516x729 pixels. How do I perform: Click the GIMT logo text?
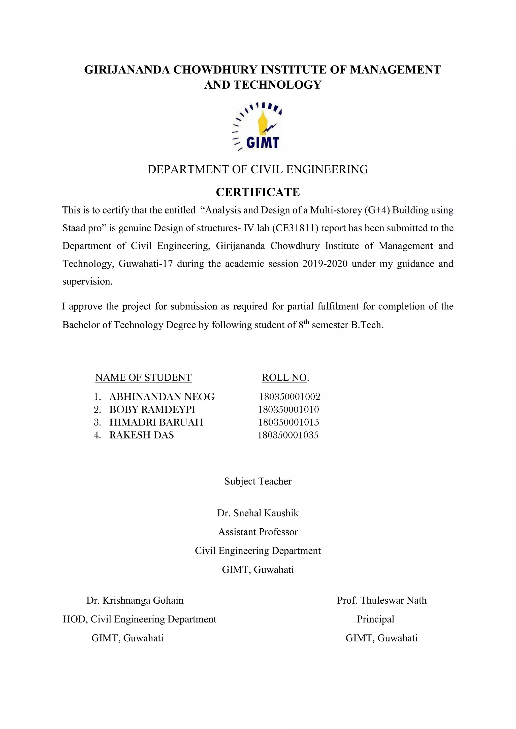click(x=263, y=143)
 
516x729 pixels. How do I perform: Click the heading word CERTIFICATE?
click(x=258, y=192)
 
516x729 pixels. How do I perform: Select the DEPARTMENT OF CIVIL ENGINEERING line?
click(x=258, y=170)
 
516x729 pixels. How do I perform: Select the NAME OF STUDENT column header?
click(x=143, y=378)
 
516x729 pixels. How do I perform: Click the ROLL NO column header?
click(x=284, y=378)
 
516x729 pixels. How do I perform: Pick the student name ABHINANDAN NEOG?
click(x=162, y=396)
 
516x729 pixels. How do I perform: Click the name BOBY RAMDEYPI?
click(x=152, y=409)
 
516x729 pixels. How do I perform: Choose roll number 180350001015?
click(x=288, y=422)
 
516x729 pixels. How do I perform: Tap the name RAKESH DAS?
click(x=141, y=435)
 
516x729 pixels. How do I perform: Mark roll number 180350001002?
click(x=289, y=396)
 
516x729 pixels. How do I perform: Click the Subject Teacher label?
click(x=258, y=481)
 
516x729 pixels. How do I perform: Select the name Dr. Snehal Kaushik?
click(x=258, y=513)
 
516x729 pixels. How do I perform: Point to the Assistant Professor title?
click(x=258, y=532)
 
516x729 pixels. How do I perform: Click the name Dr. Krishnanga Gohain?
click(x=135, y=600)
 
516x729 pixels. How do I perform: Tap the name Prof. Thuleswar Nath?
click(x=382, y=600)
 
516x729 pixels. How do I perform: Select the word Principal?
click(x=375, y=619)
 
